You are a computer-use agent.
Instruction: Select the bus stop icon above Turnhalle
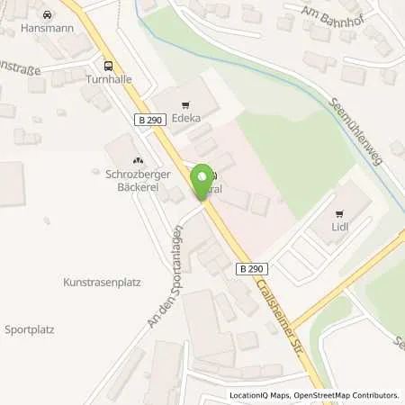coord(109,66)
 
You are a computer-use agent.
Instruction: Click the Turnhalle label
coord(109,78)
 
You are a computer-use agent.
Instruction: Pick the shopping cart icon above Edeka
coord(186,106)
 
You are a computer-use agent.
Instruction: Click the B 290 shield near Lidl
coord(252,268)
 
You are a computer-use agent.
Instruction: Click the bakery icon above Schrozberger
coord(137,159)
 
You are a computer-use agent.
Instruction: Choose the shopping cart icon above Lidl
coord(339,213)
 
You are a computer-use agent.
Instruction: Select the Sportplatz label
coord(30,328)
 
